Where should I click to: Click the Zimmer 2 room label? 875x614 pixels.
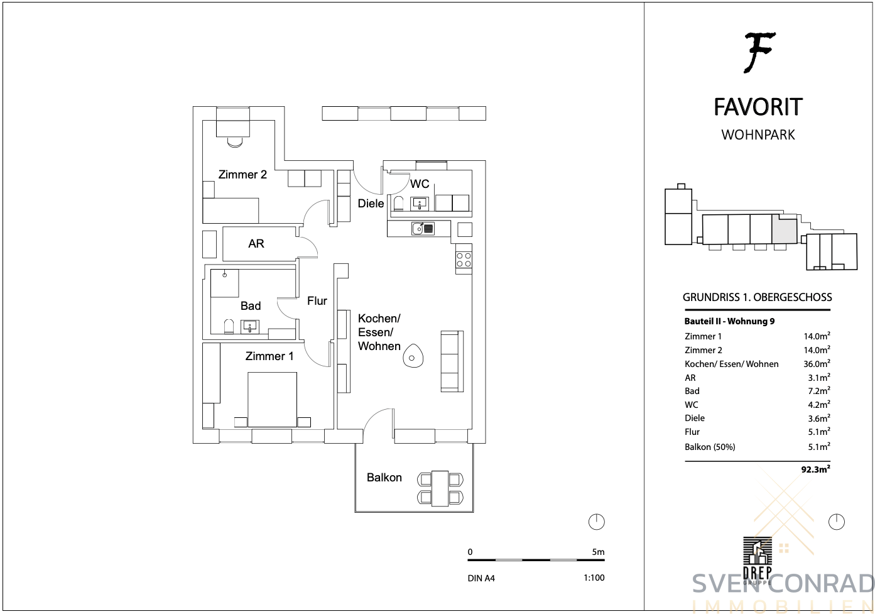(x=242, y=174)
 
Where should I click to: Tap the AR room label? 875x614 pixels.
(x=256, y=243)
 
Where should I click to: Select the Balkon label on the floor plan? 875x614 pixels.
(x=384, y=477)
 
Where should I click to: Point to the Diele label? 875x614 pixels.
(x=371, y=203)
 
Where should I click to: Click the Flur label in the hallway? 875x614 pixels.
(x=317, y=300)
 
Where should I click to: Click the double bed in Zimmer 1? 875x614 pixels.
(x=272, y=400)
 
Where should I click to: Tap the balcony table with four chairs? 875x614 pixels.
(x=440, y=488)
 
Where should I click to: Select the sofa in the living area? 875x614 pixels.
(x=452, y=361)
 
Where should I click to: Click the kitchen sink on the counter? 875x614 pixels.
(x=423, y=228)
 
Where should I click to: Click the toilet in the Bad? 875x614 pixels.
(x=229, y=327)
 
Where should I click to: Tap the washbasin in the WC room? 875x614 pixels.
(x=420, y=204)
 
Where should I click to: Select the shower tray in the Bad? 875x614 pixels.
(x=225, y=283)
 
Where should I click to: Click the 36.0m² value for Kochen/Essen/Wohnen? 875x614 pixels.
(x=817, y=363)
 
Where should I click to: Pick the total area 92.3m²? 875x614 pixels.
(x=815, y=469)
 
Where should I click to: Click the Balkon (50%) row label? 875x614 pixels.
(x=710, y=447)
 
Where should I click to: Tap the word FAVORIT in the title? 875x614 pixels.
(x=758, y=107)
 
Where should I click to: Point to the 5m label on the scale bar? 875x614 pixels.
(x=598, y=552)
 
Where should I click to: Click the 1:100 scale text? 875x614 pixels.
(x=594, y=578)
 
